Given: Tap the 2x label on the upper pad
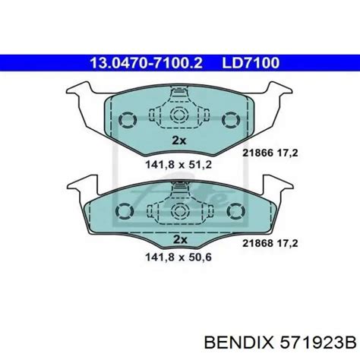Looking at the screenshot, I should coord(180,141).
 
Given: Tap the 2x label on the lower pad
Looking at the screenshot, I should coord(180,238).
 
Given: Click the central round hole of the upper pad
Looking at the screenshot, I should coord(180,115).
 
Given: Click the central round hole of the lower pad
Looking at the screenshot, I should coord(180,212).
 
